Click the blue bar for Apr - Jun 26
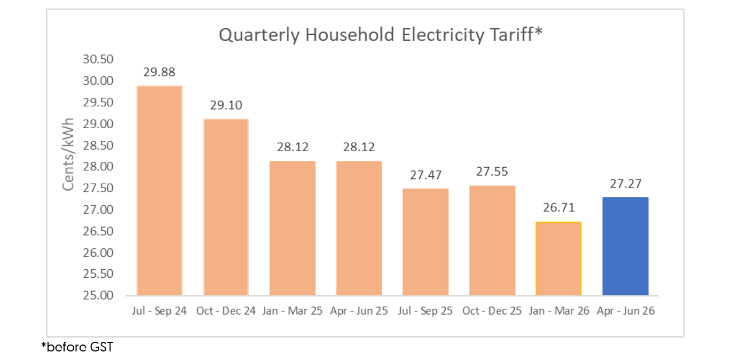coord(625,246)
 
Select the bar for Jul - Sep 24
coord(160,191)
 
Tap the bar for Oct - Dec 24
coord(226,207)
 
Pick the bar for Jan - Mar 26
coord(558,259)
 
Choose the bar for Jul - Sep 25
coord(426,242)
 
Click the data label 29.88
coord(159,72)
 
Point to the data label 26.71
coord(558,208)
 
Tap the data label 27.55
coord(492,172)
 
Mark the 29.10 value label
coord(226,105)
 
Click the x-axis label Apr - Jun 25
coord(359,311)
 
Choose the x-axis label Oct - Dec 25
coord(492,311)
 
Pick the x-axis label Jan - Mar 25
coord(293,311)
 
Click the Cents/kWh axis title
coord(68,154)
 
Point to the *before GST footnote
coord(77,347)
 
